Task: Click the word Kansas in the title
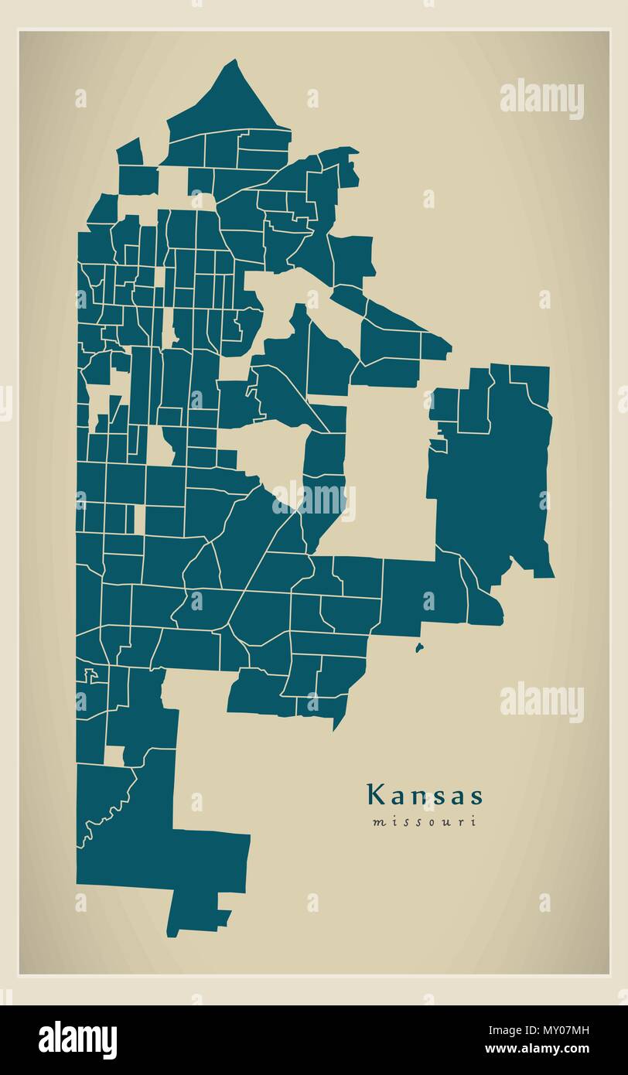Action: (425, 796)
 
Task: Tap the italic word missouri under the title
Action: (425, 822)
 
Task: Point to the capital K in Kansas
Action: (375, 795)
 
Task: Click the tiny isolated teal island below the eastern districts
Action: (419, 647)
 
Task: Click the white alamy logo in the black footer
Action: (78, 1040)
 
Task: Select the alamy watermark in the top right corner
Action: (541, 99)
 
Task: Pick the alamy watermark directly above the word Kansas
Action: (541, 701)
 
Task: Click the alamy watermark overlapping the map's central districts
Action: (313, 500)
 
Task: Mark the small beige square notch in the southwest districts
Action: (114, 756)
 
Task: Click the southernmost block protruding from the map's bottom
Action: (197, 913)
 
